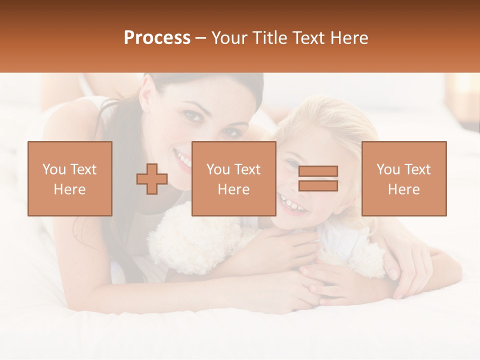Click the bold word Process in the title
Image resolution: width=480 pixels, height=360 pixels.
[x=157, y=38]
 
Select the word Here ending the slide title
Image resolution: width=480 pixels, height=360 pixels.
[x=349, y=38]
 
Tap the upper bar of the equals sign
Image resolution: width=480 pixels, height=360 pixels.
[x=318, y=171]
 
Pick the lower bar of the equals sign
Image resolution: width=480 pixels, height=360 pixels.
[x=318, y=185]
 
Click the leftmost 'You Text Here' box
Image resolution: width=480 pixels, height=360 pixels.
[x=69, y=178]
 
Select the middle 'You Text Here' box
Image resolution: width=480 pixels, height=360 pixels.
[x=233, y=178]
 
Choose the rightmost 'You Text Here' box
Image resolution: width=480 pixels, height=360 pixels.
[x=403, y=178]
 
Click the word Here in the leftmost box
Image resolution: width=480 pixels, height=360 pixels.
[x=69, y=189]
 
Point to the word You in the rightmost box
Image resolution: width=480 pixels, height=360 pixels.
[x=388, y=169]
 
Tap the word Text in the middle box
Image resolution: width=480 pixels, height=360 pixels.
[x=247, y=169]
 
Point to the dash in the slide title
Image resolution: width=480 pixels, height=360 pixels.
[x=201, y=38]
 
